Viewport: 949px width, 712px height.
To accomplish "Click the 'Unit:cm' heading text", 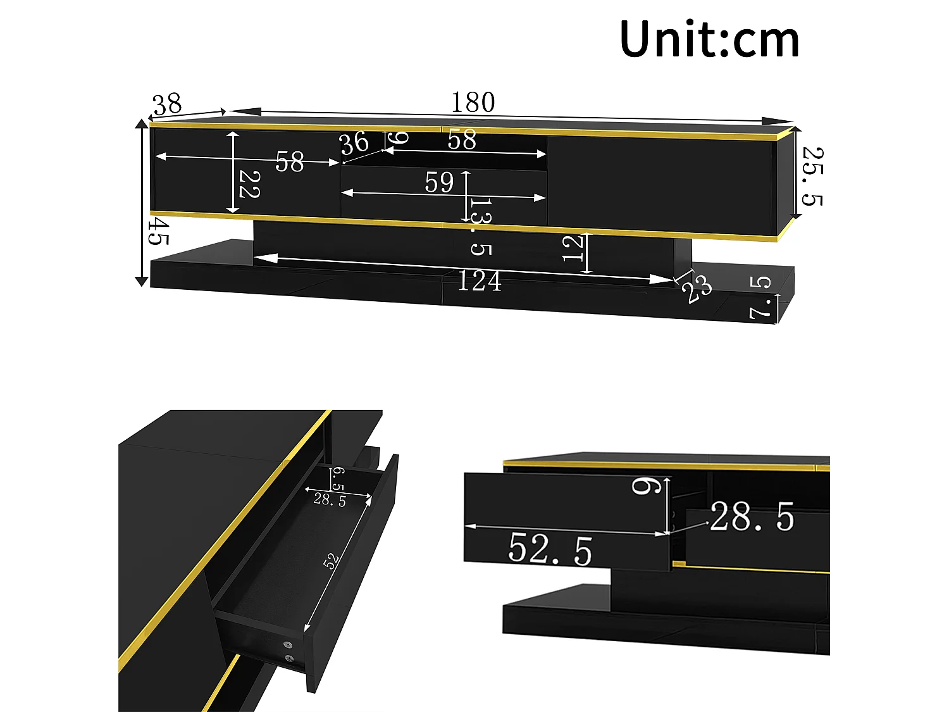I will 709,39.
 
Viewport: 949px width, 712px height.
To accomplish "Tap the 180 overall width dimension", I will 473,102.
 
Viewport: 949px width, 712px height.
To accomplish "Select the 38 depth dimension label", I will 168,104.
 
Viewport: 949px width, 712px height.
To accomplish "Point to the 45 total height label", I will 158,232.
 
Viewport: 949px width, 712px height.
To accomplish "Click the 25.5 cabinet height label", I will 812,177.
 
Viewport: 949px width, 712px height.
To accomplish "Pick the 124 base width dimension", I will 479,281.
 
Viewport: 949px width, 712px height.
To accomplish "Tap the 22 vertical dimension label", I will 249,184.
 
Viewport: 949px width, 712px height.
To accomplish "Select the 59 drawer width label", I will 439,183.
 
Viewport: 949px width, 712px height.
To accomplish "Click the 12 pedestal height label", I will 573,247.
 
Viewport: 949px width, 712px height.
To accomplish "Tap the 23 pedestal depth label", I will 697,289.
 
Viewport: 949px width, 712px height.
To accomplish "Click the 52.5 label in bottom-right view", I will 550,549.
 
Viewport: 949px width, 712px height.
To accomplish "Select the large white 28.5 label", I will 752,517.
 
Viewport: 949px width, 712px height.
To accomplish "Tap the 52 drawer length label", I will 331,561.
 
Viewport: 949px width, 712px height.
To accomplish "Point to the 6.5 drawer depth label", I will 338,478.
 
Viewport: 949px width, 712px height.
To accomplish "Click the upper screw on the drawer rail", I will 289,645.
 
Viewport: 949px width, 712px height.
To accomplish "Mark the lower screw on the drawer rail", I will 290,659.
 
